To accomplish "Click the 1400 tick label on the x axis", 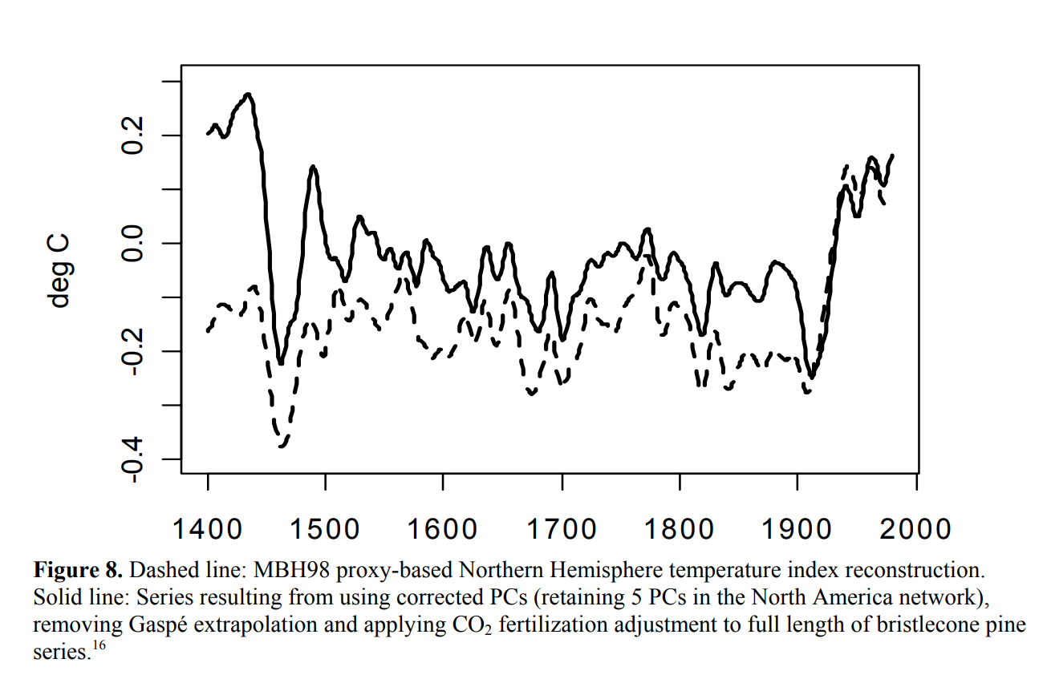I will (207, 528).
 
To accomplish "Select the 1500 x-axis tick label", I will (325, 528).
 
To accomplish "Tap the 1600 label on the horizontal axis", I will (443, 528).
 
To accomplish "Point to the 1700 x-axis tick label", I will (561, 528).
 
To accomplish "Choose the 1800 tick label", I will (679, 528).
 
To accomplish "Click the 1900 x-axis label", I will (797, 528).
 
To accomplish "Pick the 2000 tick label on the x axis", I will (915, 528).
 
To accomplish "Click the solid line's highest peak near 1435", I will (249, 95).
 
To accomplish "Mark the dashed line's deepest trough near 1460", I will (282, 446).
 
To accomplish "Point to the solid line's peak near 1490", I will (313, 167).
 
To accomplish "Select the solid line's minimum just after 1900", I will (812, 377).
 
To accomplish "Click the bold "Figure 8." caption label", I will (78, 571).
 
